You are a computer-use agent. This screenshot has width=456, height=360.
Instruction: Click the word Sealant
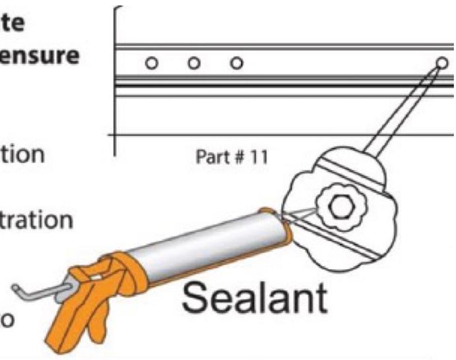point(254,299)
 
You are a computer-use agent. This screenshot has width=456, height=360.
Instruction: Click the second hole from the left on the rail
point(193,64)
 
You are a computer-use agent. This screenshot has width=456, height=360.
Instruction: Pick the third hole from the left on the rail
point(236,64)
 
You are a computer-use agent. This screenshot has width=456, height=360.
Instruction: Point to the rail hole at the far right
point(441,63)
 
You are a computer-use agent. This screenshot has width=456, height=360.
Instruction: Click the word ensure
point(40,55)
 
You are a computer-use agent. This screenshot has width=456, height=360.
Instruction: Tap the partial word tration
point(36,220)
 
